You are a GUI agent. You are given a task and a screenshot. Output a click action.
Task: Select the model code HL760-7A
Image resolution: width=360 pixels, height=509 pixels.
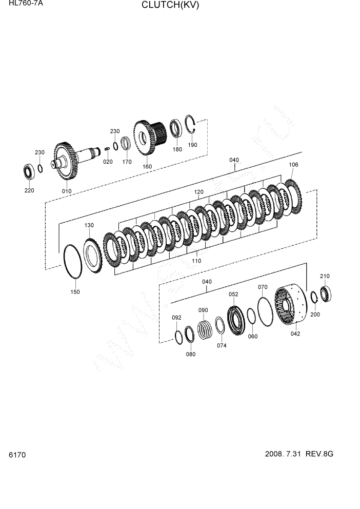[x=23, y=3]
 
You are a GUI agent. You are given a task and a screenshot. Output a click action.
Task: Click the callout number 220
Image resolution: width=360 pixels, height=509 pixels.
[x=29, y=190]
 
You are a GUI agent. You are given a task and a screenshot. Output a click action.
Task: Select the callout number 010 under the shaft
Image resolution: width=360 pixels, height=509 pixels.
[x=67, y=191]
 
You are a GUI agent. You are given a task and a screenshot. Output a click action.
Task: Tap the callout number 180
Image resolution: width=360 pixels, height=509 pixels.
[x=177, y=149]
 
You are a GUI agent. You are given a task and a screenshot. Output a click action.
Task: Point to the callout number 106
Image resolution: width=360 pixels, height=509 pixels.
[x=293, y=165]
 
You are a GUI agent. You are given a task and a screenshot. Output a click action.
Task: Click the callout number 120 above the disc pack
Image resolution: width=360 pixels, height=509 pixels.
[x=198, y=192]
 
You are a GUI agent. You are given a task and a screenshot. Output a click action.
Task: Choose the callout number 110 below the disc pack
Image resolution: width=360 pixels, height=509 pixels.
[x=196, y=261]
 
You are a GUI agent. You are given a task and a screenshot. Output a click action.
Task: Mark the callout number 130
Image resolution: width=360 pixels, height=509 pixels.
[x=89, y=225]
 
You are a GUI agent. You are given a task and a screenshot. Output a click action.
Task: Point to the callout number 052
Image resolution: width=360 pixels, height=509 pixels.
[x=233, y=294]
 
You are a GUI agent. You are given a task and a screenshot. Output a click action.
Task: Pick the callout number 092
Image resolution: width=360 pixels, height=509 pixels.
[x=176, y=318]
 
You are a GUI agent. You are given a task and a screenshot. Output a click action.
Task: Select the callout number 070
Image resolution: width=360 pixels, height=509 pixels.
[x=263, y=287]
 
